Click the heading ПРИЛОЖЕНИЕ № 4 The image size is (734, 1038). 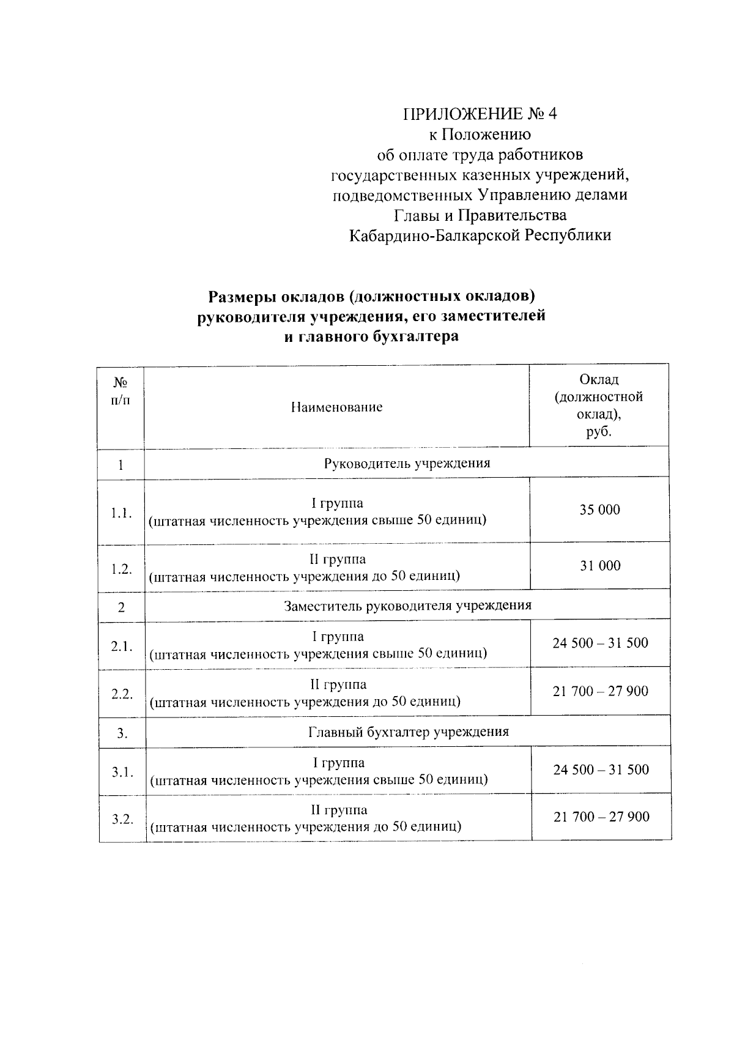[x=480, y=114]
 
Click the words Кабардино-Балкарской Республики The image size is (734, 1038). [x=480, y=235]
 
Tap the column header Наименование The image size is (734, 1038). [x=336, y=407]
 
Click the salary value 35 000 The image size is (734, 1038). [x=599, y=510]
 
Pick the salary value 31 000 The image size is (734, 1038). [x=599, y=566]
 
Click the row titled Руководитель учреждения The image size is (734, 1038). [x=407, y=463]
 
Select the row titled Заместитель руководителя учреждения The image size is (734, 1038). [x=407, y=606]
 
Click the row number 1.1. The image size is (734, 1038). [x=122, y=513]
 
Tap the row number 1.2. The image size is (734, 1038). [x=122, y=569]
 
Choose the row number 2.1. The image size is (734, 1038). [x=122, y=646]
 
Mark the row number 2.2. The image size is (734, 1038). [x=122, y=694]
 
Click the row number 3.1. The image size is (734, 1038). [x=122, y=773]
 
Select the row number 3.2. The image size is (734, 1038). [x=122, y=820]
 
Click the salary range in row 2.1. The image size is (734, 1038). [x=600, y=643]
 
